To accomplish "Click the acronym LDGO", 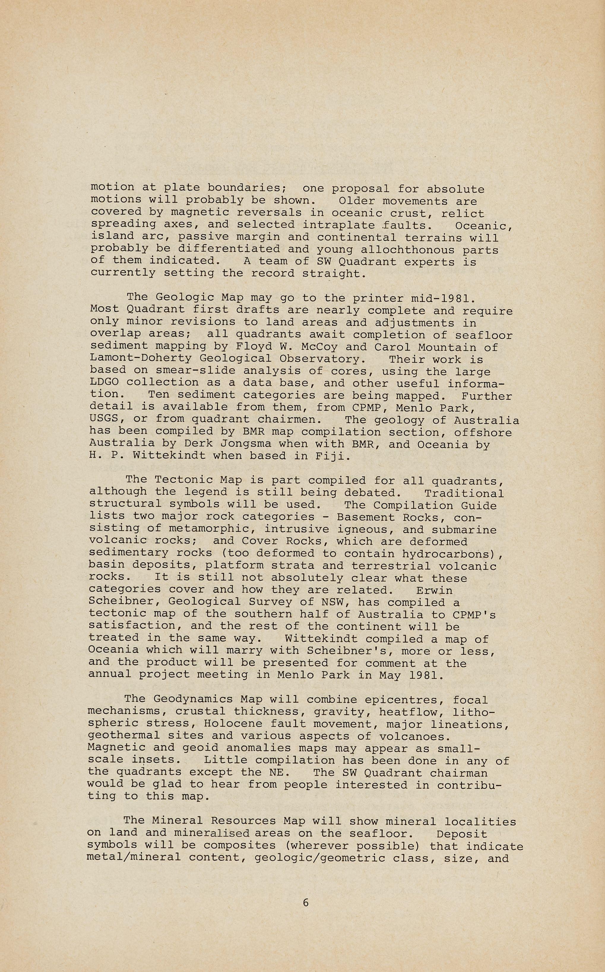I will pos(104,383).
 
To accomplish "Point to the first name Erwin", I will pos(434,591).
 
